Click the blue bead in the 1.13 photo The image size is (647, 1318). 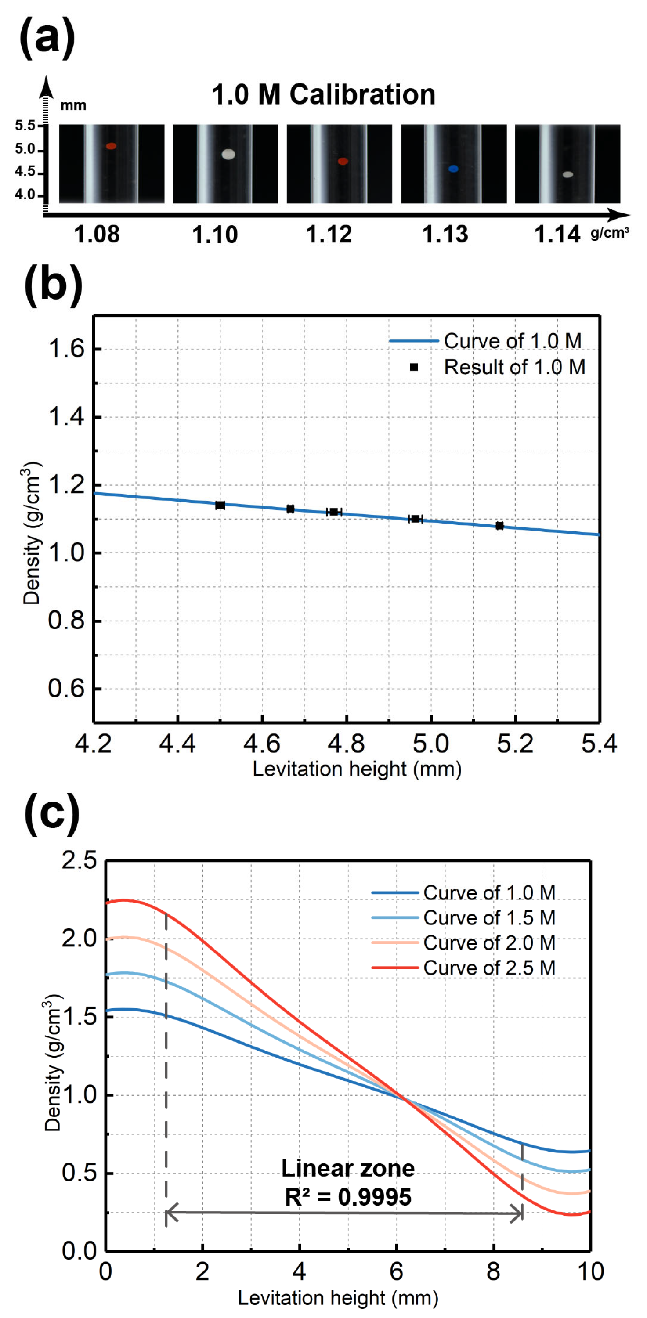[453, 168]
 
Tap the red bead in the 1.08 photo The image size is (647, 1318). [111, 146]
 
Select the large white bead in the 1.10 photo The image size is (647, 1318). [228, 154]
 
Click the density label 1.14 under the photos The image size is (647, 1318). [557, 235]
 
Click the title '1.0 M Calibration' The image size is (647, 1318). [323, 95]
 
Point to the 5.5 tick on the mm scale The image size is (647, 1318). [25, 125]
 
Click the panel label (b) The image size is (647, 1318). [53, 285]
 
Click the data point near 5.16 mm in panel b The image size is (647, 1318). [499, 525]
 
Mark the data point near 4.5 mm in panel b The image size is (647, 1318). [220, 505]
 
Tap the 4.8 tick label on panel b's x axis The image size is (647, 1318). [346, 744]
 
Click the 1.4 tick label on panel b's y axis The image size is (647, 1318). [66, 416]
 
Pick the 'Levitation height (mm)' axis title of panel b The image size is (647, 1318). [357, 769]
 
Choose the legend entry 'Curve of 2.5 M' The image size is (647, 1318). [489, 968]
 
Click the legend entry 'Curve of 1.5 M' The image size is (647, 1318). [489, 917]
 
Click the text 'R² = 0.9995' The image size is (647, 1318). [347, 1197]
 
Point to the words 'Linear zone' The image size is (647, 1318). [347, 1168]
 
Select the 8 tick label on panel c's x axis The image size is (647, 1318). [493, 1271]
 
